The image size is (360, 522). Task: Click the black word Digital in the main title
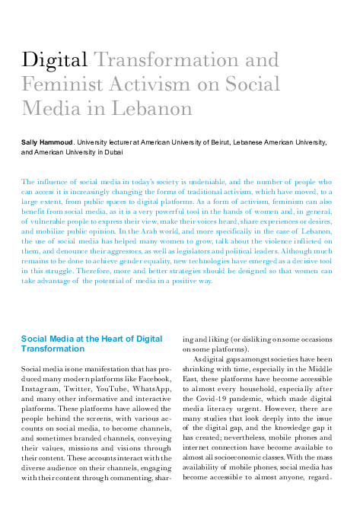click(x=55, y=60)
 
